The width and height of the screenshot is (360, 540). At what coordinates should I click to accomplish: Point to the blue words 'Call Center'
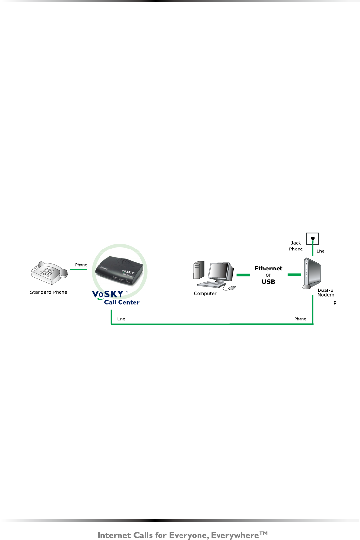[x=121, y=302]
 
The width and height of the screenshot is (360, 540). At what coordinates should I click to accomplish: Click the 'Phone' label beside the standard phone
[x=81, y=265]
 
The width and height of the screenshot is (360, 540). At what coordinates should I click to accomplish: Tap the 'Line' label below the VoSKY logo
[x=121, y=319]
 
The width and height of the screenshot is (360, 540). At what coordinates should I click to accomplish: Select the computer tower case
[x=199, y=273]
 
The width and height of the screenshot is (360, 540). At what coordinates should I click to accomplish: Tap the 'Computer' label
[x=204, y=294]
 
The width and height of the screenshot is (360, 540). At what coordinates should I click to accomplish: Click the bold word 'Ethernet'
[x=268, y=268]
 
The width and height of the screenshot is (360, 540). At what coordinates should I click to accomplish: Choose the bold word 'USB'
[x=268, y=281]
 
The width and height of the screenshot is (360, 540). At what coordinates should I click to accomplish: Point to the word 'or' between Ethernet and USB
[x=268, y=274]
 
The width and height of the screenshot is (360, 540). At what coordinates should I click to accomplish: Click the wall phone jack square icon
[x=312, y=238]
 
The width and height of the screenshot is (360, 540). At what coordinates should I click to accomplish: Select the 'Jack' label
[x=296, y=243]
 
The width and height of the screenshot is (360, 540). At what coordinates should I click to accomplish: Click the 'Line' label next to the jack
[x=320, y=251]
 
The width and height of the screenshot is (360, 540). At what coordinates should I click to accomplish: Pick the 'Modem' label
[x=325, y=296]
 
